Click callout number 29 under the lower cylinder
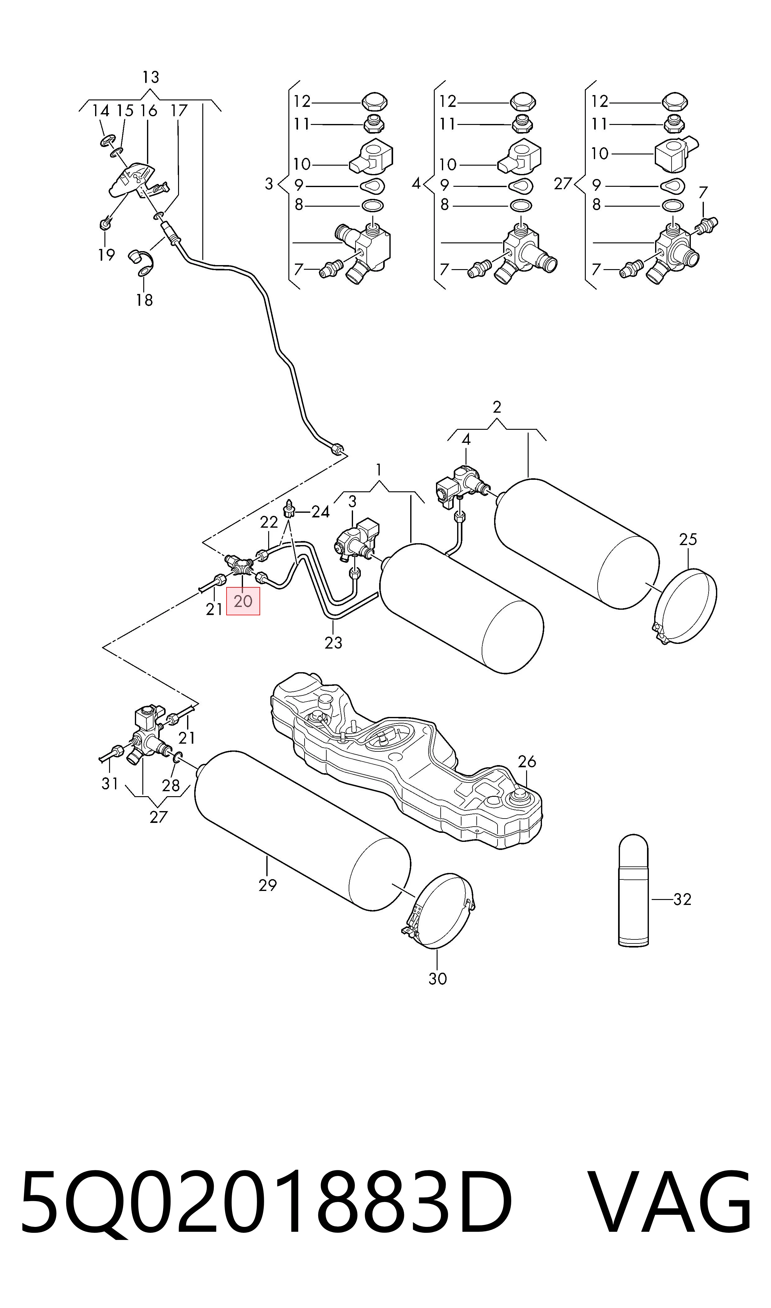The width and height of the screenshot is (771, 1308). pos(268,885)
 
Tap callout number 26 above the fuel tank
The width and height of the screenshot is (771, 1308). pos(527,762)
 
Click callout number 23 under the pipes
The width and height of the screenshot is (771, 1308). pos(333,643)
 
